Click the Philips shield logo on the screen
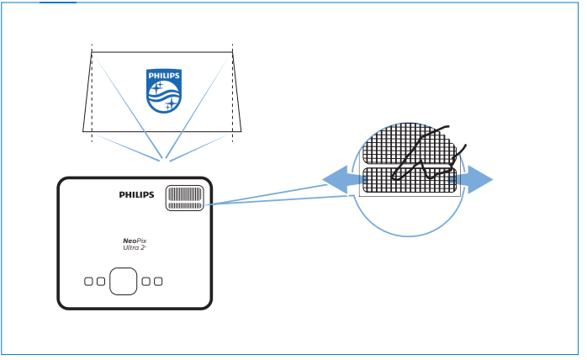coord(164,90)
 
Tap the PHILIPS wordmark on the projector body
coord(137,194)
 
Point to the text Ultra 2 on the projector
coord(135,247)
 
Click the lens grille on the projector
coord(186,198)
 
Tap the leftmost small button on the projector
coord(89,281)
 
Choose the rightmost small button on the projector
coord(158,281)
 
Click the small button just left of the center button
coord(101,281)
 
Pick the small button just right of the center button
coord(146,281)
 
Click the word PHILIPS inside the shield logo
coord(164,76)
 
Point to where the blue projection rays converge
coord(165,158)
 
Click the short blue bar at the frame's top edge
coord(57,3)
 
